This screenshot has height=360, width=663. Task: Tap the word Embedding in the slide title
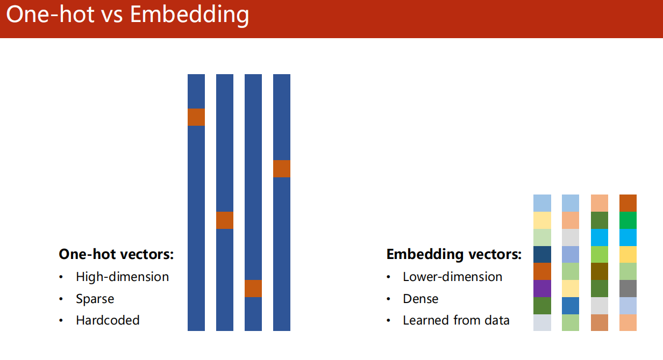tap(189, 16)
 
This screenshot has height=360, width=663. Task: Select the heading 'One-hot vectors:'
tap(116, 254)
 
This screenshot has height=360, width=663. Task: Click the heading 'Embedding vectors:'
tap(454, 254)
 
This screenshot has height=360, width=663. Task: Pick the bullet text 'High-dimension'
tap(122, 277)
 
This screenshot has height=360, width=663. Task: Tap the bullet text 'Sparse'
tap(95, 299)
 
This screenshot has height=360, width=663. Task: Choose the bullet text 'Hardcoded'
tap(108, 320)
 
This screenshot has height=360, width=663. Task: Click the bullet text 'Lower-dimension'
tap(452, 277)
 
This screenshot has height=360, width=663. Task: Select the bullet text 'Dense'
tap(420, 299)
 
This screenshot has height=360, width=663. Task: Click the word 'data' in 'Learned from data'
tap(497, 320)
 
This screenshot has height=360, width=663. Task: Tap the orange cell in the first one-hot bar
tap(196, 117)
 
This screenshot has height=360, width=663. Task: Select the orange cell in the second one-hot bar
tap(225, 220)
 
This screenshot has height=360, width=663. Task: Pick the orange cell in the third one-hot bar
tap(253, 289)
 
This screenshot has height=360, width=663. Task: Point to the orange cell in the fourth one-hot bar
tap(281, 169)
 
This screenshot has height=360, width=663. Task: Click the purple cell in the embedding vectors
tap(542, 289)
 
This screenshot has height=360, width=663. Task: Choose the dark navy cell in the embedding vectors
tap(542, 254)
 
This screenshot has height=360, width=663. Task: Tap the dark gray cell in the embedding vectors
tap(628, 289)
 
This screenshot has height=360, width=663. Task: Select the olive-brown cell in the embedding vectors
tap(600, 271)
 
